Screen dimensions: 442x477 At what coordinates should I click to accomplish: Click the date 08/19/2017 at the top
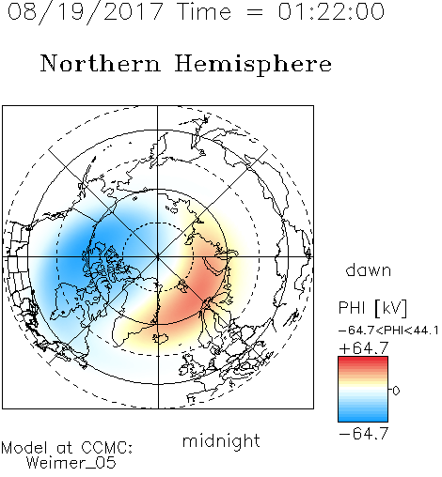coord(86,12)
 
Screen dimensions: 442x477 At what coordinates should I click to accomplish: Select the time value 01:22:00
coord(331,11)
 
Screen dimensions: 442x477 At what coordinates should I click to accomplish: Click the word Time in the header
coord(204,11)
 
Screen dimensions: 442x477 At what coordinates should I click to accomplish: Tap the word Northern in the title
coord(101,64)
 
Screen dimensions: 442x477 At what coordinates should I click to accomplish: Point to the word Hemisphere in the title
coord(253,65)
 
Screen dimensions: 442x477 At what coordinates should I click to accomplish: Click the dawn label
coord(369,269)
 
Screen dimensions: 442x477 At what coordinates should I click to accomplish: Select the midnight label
coord(221,440)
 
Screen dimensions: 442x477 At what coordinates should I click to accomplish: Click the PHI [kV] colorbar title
coord(372,308)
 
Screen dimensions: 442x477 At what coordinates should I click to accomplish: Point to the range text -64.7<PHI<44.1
coord(388,331)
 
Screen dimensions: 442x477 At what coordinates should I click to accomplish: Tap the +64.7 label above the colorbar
coord(364,347)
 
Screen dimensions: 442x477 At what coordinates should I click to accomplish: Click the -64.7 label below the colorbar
coord(364,434)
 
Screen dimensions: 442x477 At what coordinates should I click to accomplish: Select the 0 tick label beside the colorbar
coord(396,391)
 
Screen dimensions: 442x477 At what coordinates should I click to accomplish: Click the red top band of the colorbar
coord(363,360)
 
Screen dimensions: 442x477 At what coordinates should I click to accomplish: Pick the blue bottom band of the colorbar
coord(363,418)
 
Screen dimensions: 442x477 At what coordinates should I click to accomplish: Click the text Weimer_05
coord(71,463)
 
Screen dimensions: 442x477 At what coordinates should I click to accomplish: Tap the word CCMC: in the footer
coord(107,448)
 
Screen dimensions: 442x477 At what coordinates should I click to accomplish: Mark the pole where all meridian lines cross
coord(158,257)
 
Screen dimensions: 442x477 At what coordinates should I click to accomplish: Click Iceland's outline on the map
coord(161,339)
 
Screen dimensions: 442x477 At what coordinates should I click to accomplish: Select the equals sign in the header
coord(255,12)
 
